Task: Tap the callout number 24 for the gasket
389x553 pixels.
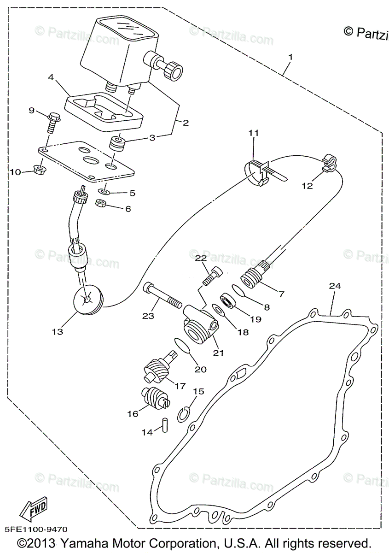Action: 335,286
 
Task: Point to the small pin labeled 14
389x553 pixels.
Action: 164,424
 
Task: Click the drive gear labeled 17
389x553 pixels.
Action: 157,366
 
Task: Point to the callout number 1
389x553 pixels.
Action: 290,57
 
